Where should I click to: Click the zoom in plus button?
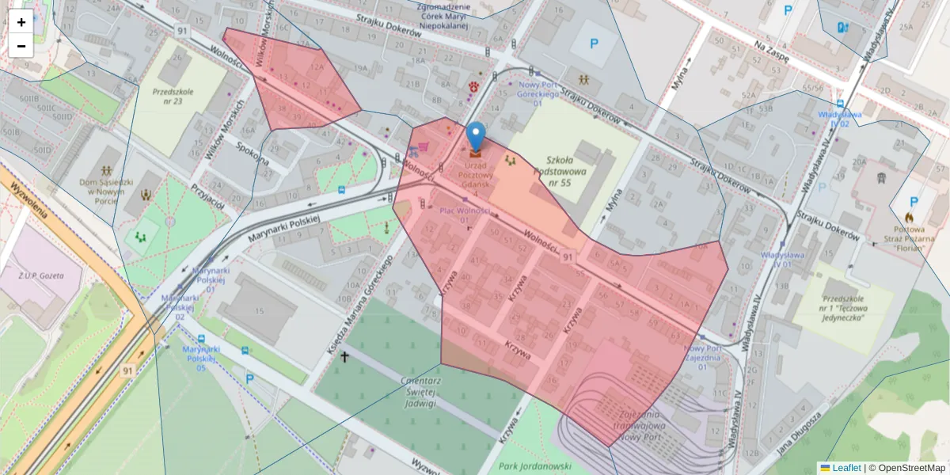(21, 22)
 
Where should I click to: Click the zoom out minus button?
(21, 46)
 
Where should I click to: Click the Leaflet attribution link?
(846, 468)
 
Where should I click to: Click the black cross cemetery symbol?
(344, 357)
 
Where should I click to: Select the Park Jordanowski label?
(536, 465)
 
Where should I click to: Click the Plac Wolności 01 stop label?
(465, 215)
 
